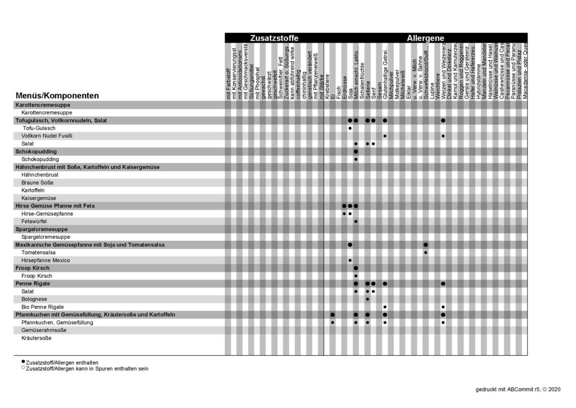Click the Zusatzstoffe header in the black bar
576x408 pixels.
coord(274,38)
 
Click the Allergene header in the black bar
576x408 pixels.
coord(425,38)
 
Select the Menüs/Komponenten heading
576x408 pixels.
coord(57,96)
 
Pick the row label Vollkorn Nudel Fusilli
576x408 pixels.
coord(47,136)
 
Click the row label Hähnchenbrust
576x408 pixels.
coord(40,175)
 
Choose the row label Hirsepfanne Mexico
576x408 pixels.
coord(46,260)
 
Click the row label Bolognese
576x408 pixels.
coord(34,299)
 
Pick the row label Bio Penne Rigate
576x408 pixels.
coord(42,307)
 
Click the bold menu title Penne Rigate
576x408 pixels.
coord(35,283)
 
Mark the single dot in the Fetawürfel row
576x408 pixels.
coord(356,221)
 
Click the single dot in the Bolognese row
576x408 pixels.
coord(367,299)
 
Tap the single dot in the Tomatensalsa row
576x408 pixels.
coord(425,252)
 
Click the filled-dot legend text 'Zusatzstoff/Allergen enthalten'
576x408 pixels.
coord(62,362)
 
